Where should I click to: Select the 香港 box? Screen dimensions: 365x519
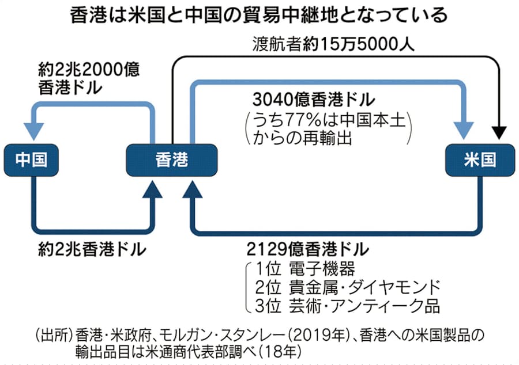[x=172, y=160]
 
